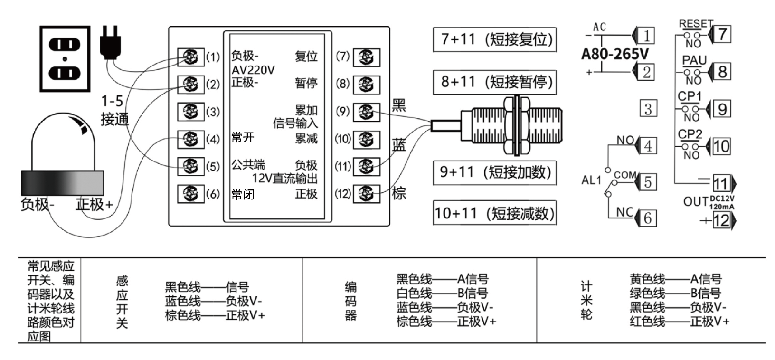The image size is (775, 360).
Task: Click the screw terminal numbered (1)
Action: point(190,57)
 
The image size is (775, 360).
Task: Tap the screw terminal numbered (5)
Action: point(190,166)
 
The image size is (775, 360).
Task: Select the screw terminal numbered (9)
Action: point(366,112)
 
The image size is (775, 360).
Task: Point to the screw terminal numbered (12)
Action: point(366,193)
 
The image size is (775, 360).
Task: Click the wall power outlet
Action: point(65,59)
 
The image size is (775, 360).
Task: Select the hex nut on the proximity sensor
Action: point(517,126)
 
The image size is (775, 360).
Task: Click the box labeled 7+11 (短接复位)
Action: point(494,39)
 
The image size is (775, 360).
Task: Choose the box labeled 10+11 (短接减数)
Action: point(494,213)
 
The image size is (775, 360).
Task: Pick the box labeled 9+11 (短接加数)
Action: point(494,172)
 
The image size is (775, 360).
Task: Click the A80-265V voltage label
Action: point(615,54)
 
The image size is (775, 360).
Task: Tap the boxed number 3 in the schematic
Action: point(648,109)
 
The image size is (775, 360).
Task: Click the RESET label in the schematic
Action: point(696,24)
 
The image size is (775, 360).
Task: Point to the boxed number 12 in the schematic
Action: point(721,220)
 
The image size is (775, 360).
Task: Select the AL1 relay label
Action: point(591,180)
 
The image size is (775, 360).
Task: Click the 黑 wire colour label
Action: point(399,104)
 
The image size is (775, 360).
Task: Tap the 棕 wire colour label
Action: point(399,193)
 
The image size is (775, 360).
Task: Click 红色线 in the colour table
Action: point(647,322)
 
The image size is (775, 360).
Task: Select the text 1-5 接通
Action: point(114,110)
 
